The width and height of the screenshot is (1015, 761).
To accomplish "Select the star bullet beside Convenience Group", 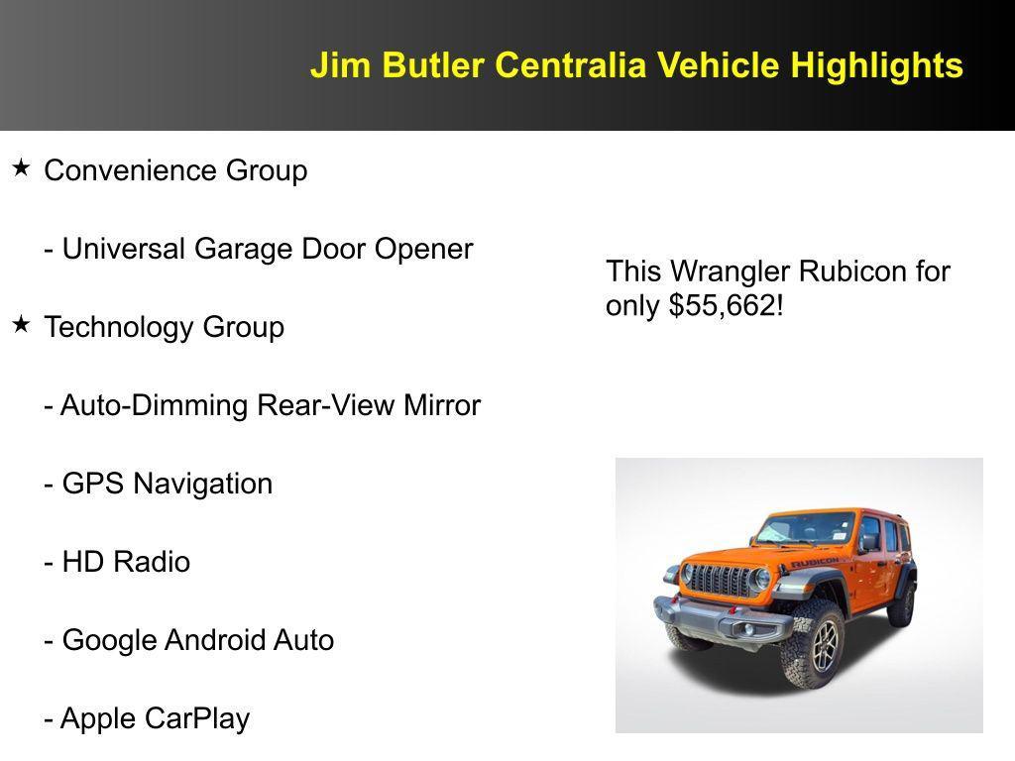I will [21, 168].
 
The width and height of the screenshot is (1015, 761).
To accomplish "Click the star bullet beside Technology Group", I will [21, 324].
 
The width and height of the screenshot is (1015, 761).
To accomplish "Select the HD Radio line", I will [117, 562].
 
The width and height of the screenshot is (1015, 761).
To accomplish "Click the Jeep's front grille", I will [721, 580].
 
